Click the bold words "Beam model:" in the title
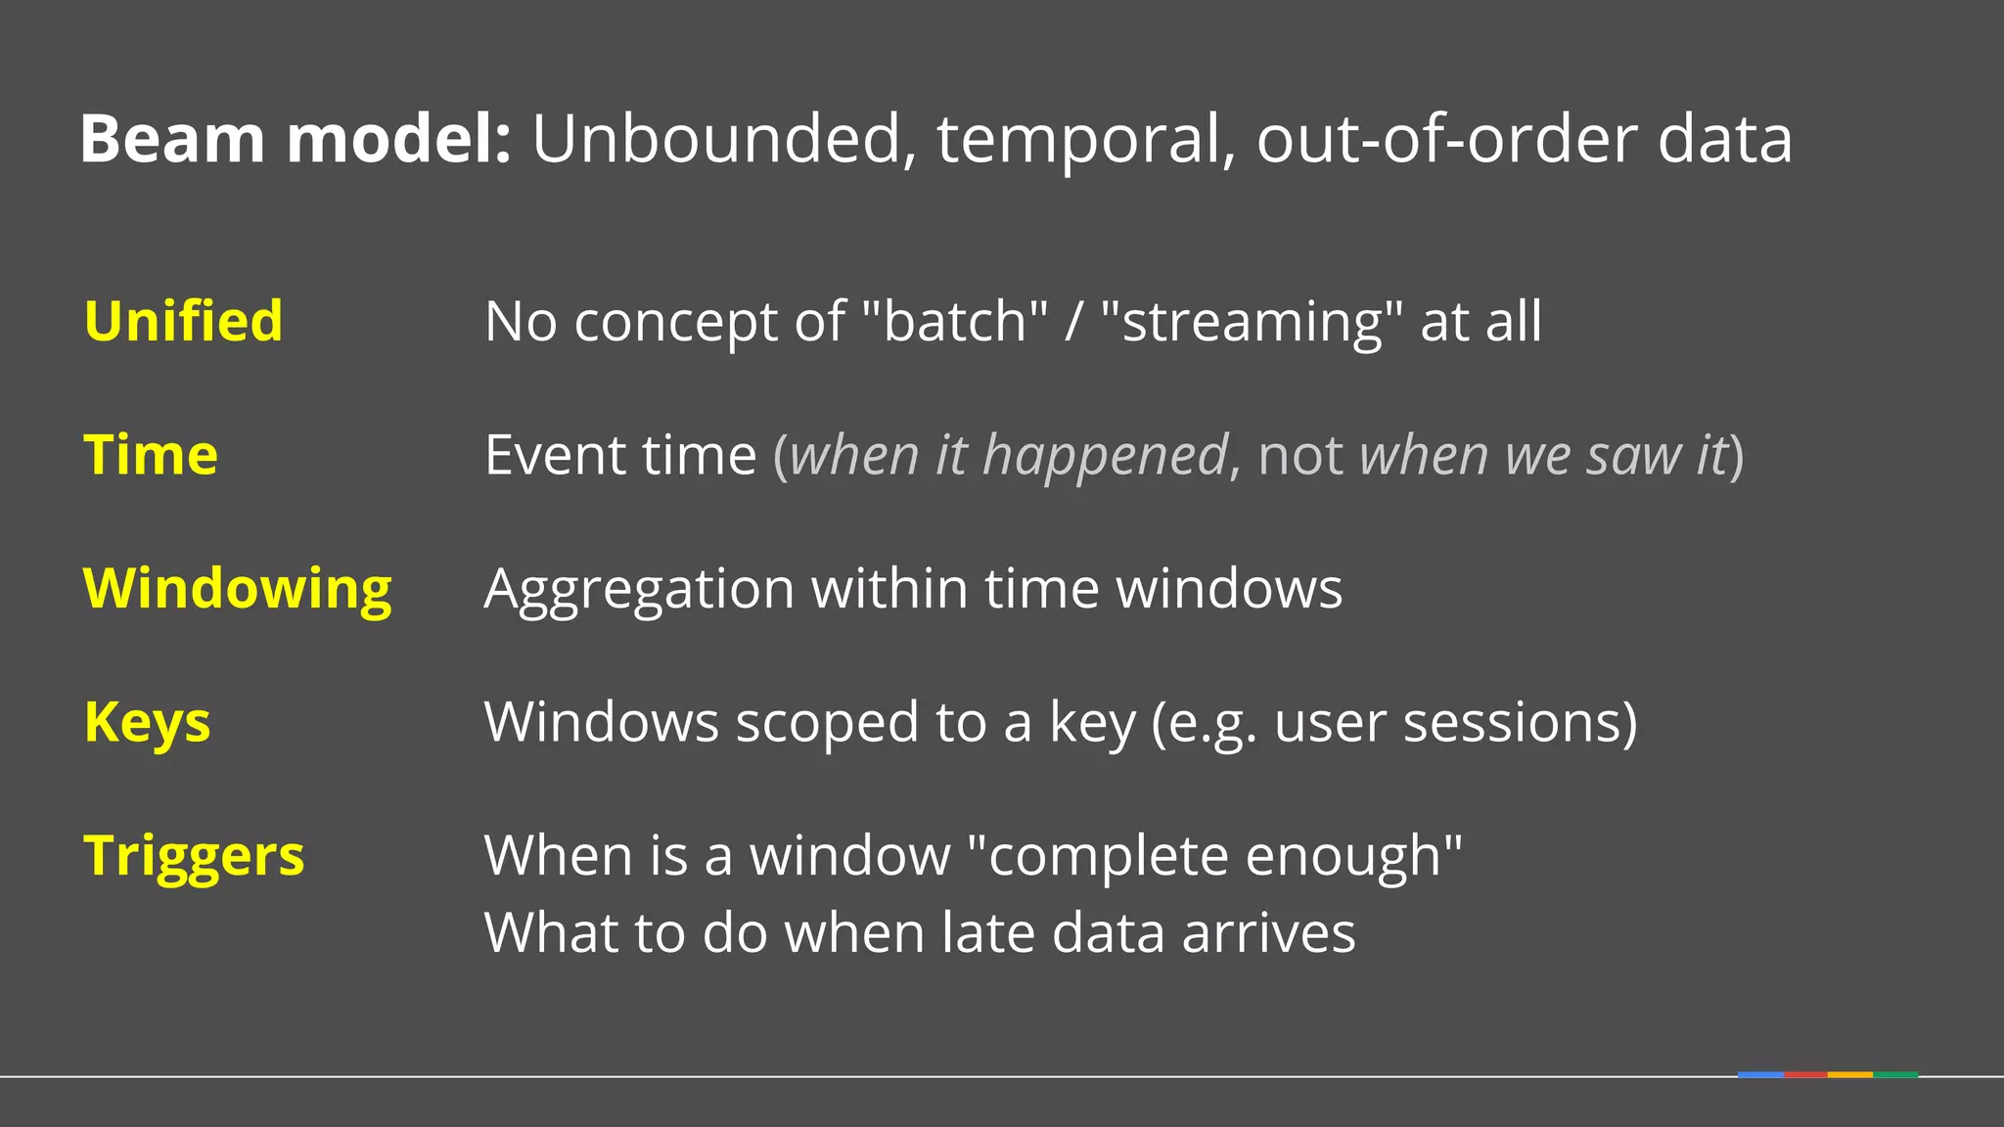[x=295, y=139]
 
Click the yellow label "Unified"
[x=183, y=321]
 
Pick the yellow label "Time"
[x=151, y=455]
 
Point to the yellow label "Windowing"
[x=238, y=589]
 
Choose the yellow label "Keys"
[x=147, y=723]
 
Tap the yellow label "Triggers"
[x=194, y=856]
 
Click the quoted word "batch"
[x=955, y=321]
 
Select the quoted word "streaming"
[x=1252, y=321]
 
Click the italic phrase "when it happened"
[x=1008, y=456]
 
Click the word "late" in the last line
[x=988, y=932]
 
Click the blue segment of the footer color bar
[x=1760, y=1074]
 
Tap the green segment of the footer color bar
[x=1895, y=1074]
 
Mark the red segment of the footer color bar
[x=1805, y=1074]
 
